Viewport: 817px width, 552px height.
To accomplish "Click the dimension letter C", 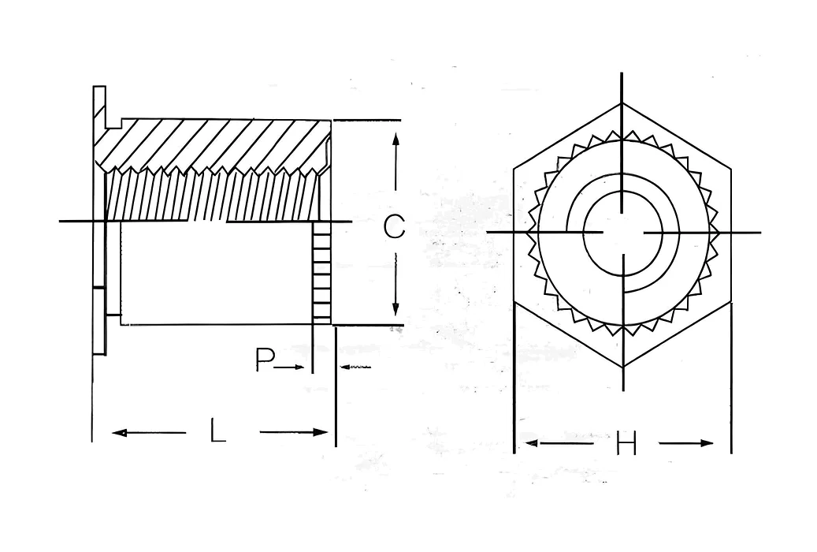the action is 395,226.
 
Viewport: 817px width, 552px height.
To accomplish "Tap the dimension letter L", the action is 217,431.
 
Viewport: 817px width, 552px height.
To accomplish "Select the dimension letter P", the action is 265,360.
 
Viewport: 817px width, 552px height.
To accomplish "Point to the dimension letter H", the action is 626,443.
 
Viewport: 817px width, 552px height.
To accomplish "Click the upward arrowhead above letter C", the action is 396,140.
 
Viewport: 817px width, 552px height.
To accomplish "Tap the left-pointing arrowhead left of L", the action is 120,432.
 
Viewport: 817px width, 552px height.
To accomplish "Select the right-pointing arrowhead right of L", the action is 320,432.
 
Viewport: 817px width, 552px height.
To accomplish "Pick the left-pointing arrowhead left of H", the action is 531,443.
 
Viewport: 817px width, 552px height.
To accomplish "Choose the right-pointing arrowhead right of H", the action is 707,443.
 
